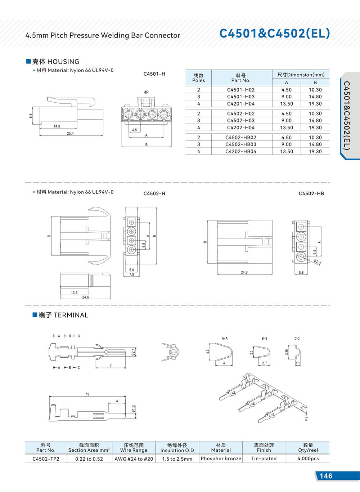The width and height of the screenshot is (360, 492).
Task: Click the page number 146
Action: (326, 476)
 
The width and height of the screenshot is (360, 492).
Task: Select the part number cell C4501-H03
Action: (241, 97)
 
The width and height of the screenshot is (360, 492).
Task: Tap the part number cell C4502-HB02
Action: (241, 138)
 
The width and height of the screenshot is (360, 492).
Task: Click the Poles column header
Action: (198, 78)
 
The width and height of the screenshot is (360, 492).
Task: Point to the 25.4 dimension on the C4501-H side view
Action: (70, 133)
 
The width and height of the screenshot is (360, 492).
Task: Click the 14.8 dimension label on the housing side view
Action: (57, 126)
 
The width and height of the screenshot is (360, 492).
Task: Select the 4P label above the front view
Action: (146, 92)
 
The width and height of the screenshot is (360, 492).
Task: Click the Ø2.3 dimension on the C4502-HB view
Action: (317, 262)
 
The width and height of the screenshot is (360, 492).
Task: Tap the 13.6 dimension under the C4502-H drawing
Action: (74, 293)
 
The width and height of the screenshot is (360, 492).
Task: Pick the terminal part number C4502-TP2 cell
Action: (46, 459)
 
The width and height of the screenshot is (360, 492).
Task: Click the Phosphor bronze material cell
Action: (221, 459)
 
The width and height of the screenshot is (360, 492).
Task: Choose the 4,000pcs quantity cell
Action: (308, 459)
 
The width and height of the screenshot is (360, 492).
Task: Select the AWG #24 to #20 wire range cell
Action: (134, 459)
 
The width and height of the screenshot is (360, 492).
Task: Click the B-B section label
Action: (265, 339)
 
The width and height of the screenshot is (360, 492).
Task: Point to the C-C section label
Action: (297, 339)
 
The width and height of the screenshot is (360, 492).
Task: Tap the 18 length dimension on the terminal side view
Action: (87, 394)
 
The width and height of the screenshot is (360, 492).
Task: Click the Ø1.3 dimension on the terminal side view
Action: (133, 408)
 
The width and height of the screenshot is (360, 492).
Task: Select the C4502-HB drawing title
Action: (311, 194)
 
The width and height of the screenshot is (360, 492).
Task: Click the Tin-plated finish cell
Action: (264, 459)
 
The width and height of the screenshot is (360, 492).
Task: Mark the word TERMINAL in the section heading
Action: (71, 315)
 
